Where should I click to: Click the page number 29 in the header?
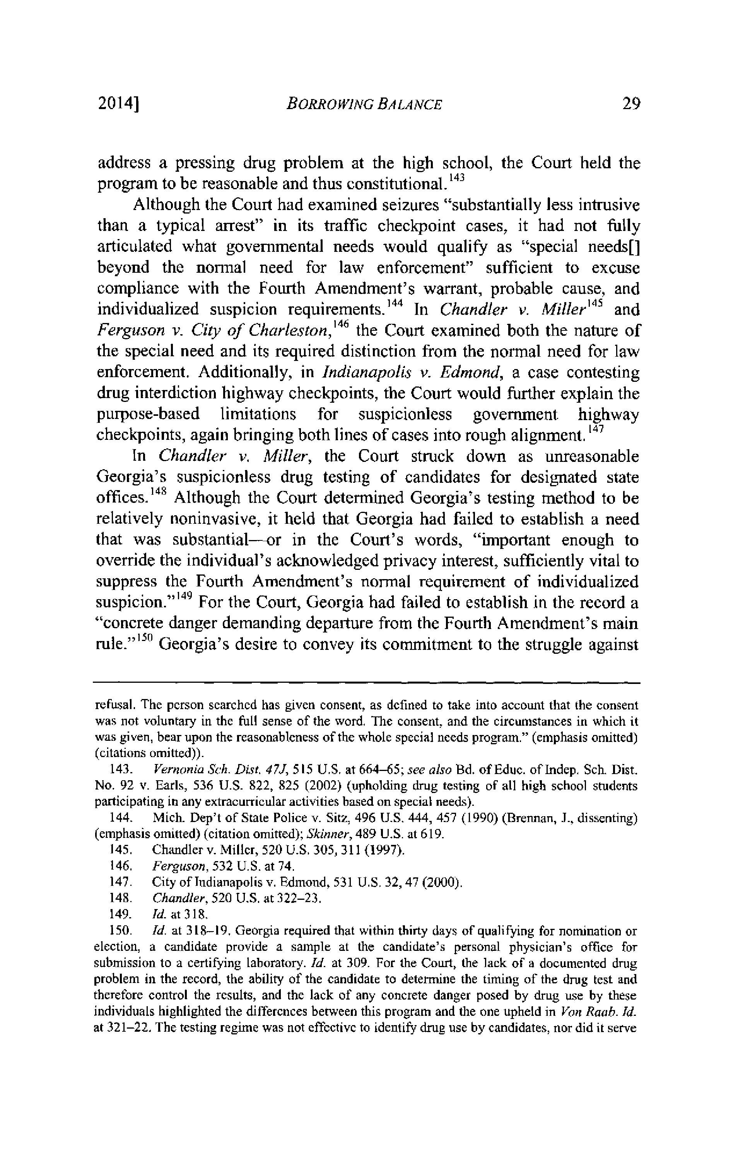[631, 104]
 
